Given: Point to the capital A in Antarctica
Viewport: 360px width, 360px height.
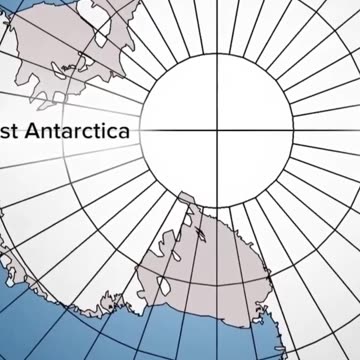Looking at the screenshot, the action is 35,131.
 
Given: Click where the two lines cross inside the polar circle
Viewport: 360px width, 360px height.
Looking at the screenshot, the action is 213,131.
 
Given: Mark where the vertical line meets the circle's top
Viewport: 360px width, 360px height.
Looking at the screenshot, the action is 213,57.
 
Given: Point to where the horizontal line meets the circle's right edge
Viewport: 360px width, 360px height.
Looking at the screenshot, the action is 287,131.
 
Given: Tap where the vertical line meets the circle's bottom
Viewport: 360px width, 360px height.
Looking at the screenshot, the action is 213,205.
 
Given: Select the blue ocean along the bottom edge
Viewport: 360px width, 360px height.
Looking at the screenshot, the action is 150,345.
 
